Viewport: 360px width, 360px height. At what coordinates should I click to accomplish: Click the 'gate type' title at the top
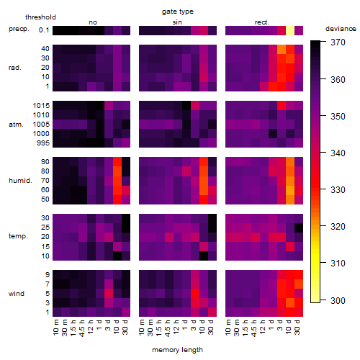tap(178, 12)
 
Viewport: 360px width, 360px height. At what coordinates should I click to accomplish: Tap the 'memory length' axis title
tap(177, 350)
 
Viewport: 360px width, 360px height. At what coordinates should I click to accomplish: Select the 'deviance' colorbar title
tap(341, 29)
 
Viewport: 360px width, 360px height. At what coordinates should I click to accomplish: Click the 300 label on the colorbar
tap(338, 300)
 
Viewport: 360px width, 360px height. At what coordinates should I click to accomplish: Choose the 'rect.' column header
tap(262, 22)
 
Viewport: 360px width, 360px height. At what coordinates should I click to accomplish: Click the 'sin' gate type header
tap(177, 22)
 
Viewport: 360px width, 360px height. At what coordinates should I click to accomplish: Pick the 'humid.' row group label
tap(20, 181)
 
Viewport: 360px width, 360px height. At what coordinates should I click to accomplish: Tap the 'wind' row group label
tap(17, 294)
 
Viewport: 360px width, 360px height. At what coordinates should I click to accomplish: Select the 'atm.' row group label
tap(16, 125)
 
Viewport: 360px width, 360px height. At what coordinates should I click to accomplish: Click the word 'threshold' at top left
tap(40, 17)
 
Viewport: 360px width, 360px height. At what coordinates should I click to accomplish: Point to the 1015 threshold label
tap(41, 106)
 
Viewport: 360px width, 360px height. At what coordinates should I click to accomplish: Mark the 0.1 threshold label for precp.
tap(44, 30)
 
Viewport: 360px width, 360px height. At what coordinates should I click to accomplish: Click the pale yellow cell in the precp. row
tap(290, 30)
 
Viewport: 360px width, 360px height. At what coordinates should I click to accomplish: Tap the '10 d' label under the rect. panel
tap(289, 327)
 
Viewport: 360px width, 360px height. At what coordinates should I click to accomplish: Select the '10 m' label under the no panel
tap(55, 327)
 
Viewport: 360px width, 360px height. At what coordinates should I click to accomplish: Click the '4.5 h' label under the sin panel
tap(168, 328)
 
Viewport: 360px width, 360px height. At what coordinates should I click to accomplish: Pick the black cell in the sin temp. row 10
tap(204, 256)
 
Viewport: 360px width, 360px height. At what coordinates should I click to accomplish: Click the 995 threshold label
tap(43, 143)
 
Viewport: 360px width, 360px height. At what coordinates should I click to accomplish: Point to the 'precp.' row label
tap(19, 29)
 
